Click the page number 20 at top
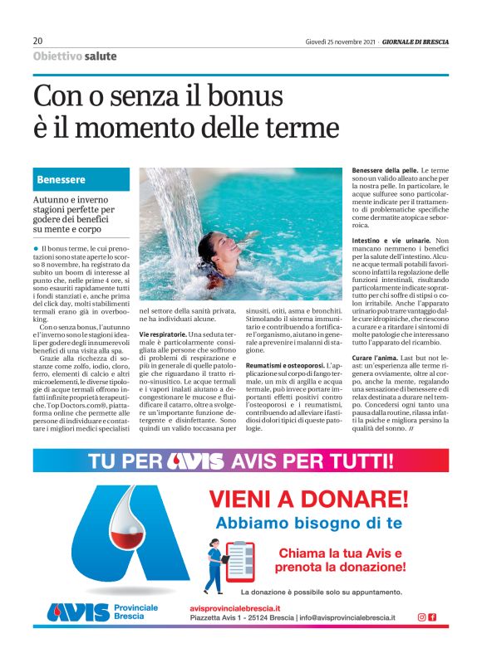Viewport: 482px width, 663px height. pos(37,41)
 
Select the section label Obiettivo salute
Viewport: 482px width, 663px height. pos(75,56)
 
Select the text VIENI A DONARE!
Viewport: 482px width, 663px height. pos(309,499)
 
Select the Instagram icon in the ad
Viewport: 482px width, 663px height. pos(421,617)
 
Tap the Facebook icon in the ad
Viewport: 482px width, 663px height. pos(432,617)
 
